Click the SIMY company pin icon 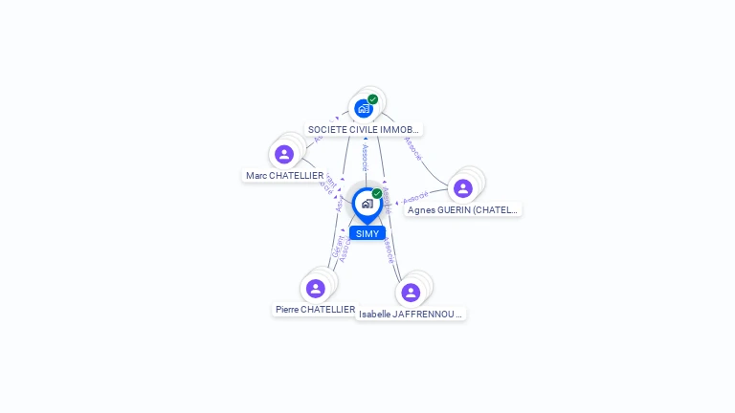[x=367, y=204]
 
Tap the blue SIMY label [x=367, y=233]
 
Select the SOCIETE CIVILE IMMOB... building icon [x=363, y=108]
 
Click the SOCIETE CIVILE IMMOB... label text [x=363, y=129]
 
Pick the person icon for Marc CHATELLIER [x=283, y=154]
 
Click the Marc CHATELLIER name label [x=284, y=176]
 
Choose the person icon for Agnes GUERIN [x=463, y=188]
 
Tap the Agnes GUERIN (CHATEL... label [x=462, y=209]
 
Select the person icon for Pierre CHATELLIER [x=316, y=288]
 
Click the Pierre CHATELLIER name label [x=315, y=310]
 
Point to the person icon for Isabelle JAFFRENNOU [x=411, y=292]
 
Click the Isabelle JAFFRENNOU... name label [x=411, y=314]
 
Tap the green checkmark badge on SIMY [x=377, y=194]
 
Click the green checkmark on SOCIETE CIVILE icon [x=372, y=99]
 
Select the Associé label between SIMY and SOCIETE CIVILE [x=365, y=157]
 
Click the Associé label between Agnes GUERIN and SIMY [x=415, y=198]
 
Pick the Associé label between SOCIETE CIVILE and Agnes [x=413, y=147]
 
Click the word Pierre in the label [x=288, y=310]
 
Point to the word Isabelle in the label [x=374, y=314]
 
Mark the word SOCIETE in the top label [x=325, y=129]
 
